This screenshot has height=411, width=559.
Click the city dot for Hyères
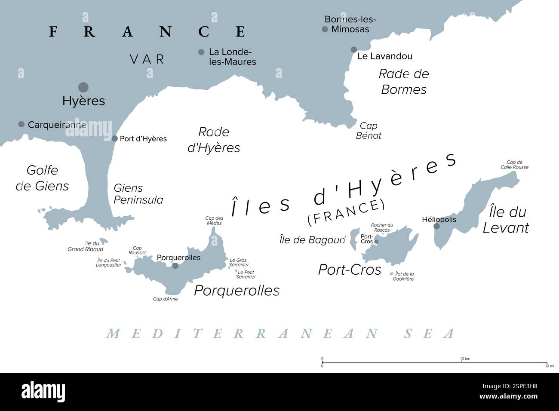point(83,87)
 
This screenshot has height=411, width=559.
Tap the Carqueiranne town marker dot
point(21,124)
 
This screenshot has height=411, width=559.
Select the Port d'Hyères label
point(143,139)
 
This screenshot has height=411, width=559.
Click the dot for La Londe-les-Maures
point(201,52)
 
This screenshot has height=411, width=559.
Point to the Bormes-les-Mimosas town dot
point(325,29)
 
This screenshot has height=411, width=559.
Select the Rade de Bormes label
point(403,82)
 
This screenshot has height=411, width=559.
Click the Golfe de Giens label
point(42,178)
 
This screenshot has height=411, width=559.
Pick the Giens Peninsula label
point(138,194)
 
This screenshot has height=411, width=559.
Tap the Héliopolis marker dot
point(436,226)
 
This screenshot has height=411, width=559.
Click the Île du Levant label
point(506,220)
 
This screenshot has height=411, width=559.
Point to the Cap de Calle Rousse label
point(514,165)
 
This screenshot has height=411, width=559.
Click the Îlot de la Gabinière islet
point(391,274)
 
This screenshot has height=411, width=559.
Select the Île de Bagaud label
point(312,240)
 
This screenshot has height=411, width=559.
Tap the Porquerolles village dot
point(175,266)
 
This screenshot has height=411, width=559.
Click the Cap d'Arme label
point(165,299)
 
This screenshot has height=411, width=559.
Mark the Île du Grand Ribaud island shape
point(102,242)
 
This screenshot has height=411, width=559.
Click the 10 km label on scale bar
point(462,359)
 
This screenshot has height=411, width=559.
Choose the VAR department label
point(147,59)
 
